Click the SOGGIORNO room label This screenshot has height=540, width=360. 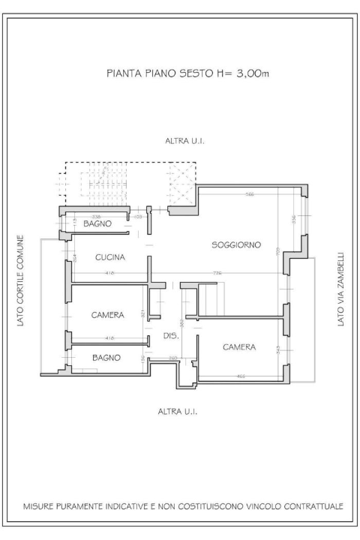click(x=235, y=244)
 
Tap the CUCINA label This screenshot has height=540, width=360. click(x=109, y=257)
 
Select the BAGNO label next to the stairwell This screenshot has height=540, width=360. click(x=97, y=224)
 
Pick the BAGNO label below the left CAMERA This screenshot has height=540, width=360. click(x=106, y=358)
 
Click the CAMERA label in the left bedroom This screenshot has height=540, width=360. click(x=107, y=315)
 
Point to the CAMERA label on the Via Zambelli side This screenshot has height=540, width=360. click(x=239, y=347)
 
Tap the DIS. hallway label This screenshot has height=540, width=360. click(x=170, y=337)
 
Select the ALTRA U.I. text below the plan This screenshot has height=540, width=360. click(x=178, y=412)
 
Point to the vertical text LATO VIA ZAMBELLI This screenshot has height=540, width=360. click(x=341, y=288)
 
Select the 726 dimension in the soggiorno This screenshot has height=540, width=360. click(x=217, y=273)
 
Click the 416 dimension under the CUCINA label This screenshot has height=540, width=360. click(x=109, y=273)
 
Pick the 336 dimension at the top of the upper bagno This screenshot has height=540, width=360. click(x=96, y=216)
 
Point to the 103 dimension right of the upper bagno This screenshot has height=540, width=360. click(x=138, y=216)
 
